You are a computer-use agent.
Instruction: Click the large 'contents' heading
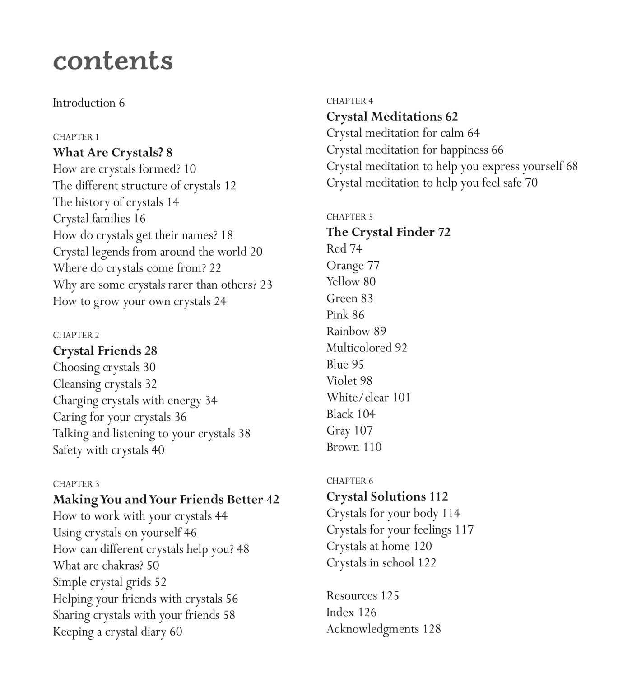(113, 61)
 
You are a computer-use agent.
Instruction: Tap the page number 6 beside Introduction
(122, 103)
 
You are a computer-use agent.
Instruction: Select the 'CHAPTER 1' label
(76, 137)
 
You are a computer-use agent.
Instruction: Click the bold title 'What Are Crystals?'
(108, 153)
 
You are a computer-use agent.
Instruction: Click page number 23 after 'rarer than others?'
(266, 285)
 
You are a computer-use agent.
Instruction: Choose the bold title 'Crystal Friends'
(97, 351)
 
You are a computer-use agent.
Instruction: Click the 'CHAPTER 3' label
(76, 484)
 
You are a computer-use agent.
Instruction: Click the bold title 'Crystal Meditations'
(384, 117)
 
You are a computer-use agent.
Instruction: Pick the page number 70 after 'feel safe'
(531, 183)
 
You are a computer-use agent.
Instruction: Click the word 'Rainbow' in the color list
(348, 332)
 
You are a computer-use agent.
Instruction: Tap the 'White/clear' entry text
(358, 398)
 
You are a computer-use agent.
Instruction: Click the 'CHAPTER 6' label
(350, 481)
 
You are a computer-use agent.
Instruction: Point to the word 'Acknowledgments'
(372, 629)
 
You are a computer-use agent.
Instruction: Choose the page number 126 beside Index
(367, 613)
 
